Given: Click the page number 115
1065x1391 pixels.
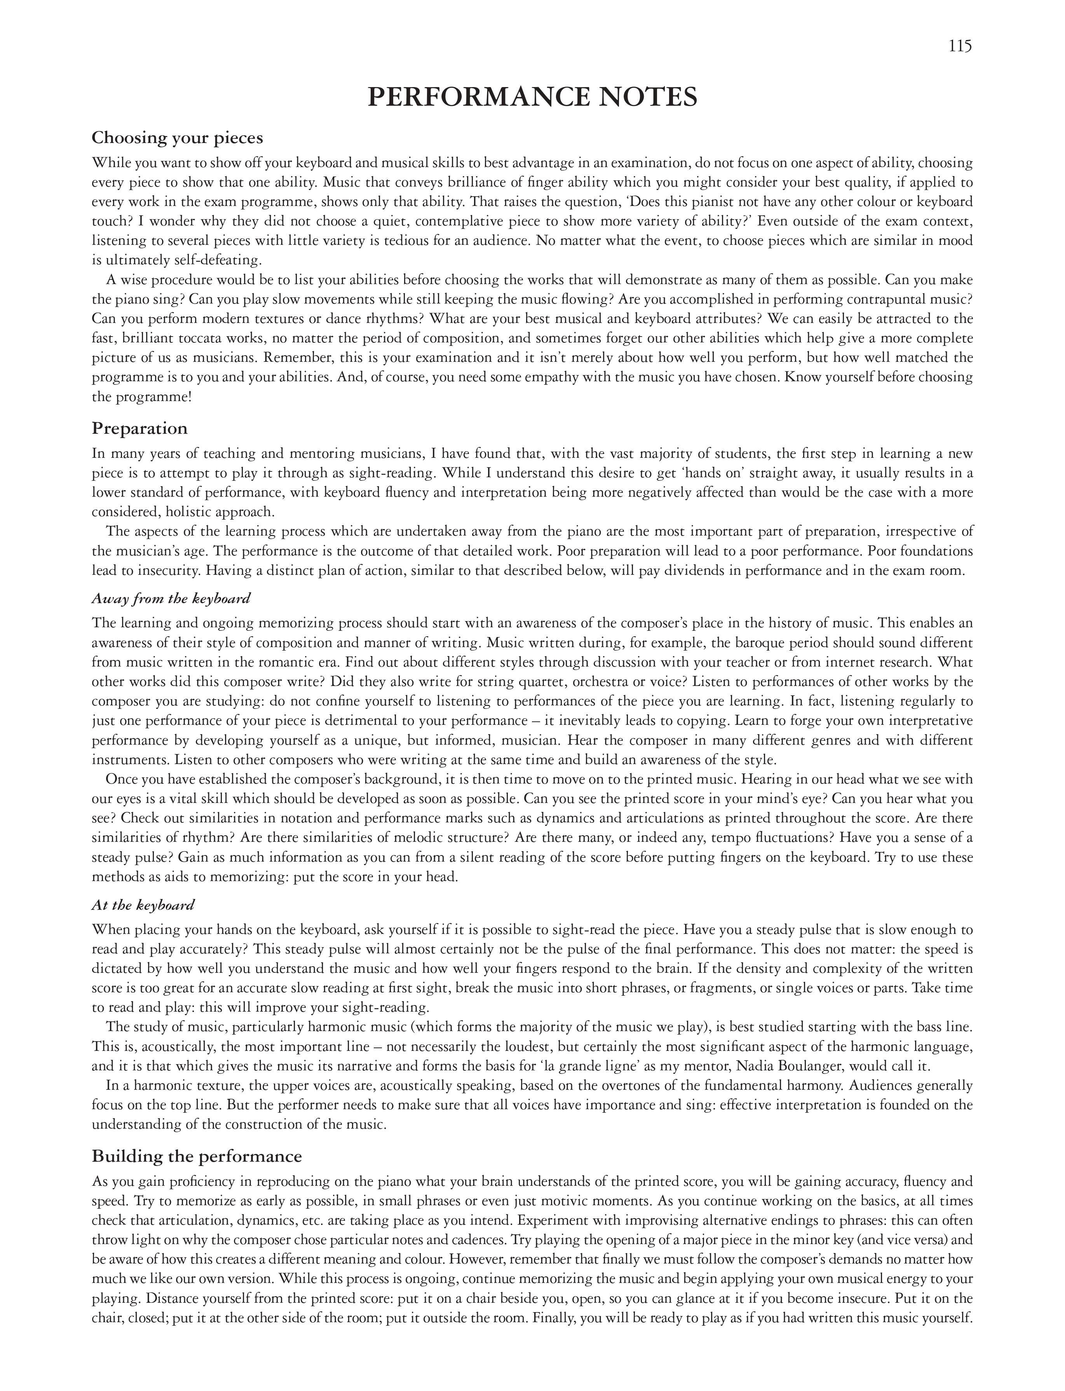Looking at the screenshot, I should coord(960,46).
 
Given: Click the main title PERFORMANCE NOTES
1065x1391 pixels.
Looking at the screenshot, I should coord(532,97).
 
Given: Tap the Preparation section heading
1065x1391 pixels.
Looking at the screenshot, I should coord(139,429).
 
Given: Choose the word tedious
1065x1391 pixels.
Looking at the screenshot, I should coord(418,240).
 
